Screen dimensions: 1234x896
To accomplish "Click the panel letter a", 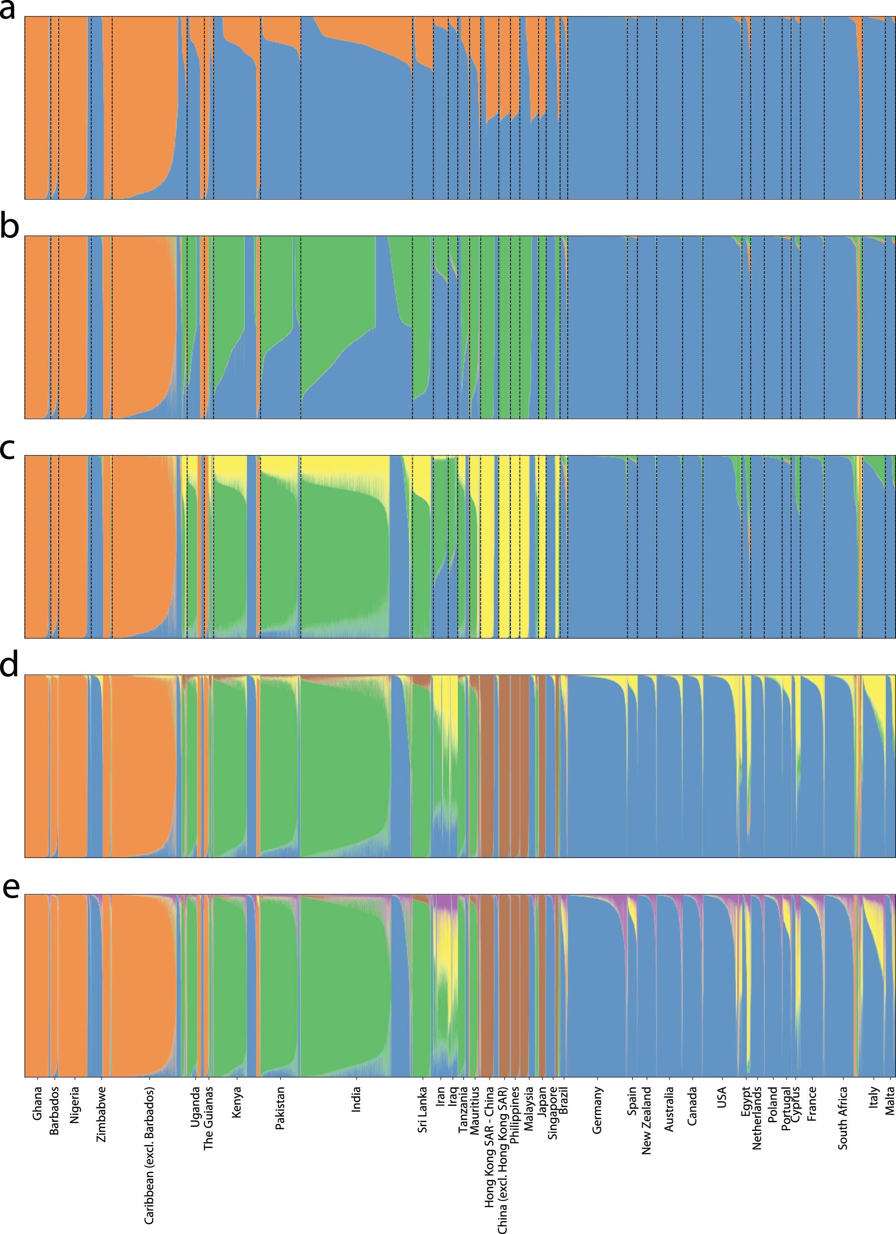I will pos(8,11).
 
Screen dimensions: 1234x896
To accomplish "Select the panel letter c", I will pos(8,450).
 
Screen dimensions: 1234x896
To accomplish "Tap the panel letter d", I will pos(9,665).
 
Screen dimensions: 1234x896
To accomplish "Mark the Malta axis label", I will pos(890,1100).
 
